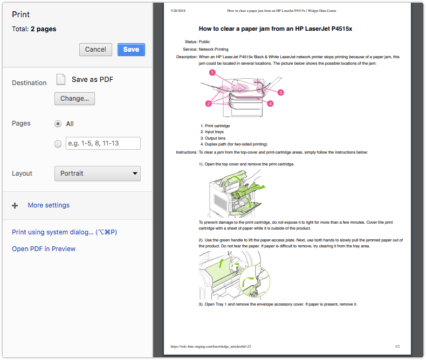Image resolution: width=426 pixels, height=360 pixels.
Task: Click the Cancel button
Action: (x=95, y=50)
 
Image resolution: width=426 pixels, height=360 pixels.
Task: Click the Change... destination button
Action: (x=74, y=99)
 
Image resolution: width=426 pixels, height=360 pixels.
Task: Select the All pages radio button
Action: (x=58, y=123)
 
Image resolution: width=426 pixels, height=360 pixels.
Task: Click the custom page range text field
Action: (x=102, y=143)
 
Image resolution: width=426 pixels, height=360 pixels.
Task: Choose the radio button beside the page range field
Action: (x=58, y=143)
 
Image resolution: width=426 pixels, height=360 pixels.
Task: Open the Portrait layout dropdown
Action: (x=98, y=174)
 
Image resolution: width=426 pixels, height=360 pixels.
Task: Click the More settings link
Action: (x=49, y=205)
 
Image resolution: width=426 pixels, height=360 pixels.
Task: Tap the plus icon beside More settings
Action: (x=15, y=205)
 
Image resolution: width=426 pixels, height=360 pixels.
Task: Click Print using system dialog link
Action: (x=64, y=232)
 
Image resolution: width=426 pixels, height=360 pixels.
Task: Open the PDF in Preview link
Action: (x=44, y=249)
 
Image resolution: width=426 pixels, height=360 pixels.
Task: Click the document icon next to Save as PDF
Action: (x=61, y=80)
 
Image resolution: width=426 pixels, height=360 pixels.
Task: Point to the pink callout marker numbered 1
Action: (x=212, y=72)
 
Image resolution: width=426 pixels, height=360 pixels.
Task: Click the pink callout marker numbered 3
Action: (x=281, y=93)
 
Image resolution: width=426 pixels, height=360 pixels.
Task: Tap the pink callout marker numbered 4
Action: (x=270, y=103)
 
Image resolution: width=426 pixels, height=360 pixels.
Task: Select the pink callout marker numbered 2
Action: (x=208, y=103)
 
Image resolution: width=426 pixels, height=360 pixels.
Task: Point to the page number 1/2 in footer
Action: (x=397, y=347)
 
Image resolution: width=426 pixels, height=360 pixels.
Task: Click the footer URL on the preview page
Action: (x=211, y=347)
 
